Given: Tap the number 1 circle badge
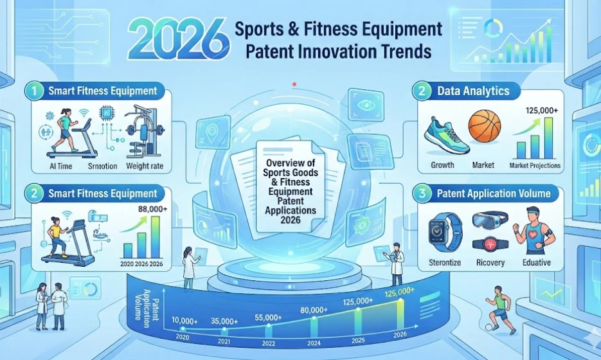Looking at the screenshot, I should click(x=35, y=91).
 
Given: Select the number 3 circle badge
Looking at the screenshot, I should click(x=422, y=194).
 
